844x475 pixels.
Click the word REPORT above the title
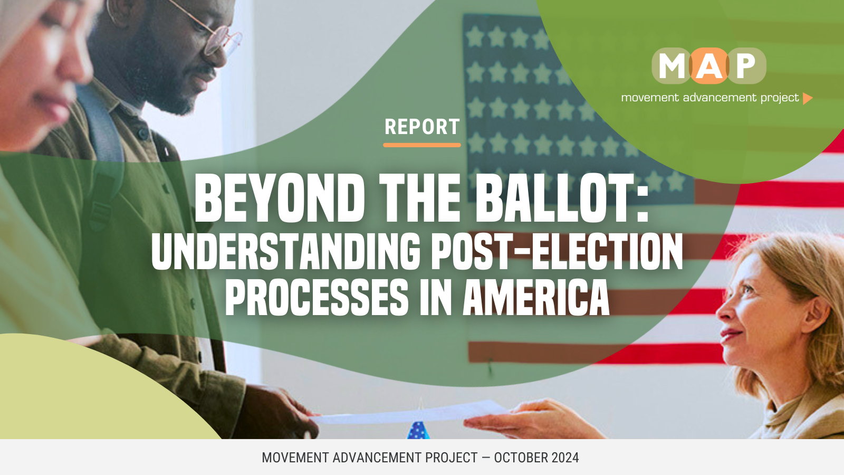pos(422,127)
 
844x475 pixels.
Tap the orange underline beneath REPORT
pos(422,145)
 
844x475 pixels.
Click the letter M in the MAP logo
pos(672,66)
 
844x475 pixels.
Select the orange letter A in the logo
pos(709,66)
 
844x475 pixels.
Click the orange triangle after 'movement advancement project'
pos(808,98)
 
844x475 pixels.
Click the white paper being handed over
pos(411,413)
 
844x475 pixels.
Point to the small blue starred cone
pos(418,430)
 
